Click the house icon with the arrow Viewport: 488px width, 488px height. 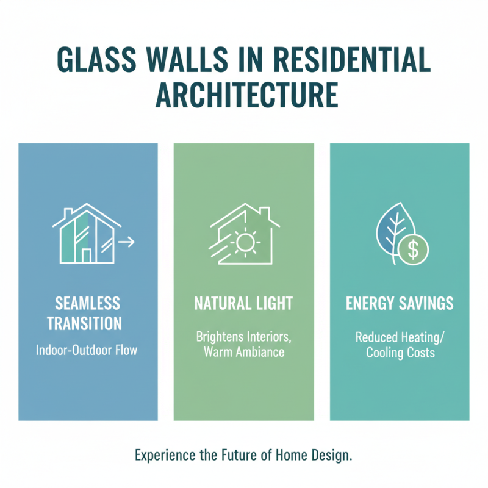coord(85,234)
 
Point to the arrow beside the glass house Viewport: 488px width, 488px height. coord(126,243)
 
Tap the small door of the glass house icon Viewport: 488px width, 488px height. coord(87,254)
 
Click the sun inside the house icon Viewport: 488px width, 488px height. coord(245,243)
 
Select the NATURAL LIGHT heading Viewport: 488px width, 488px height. coord(243,303)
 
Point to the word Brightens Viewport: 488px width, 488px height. coord(218,336)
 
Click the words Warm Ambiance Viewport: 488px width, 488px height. coord(243,352)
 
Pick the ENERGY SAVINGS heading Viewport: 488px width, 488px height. coord(400,303)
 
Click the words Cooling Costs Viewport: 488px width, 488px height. coord(400,353)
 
